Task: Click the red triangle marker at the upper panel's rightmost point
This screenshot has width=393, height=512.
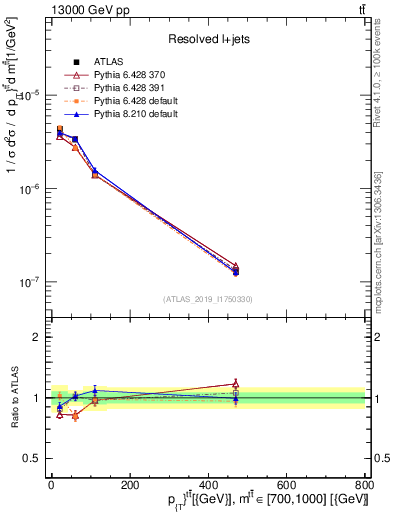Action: (235, 266)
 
